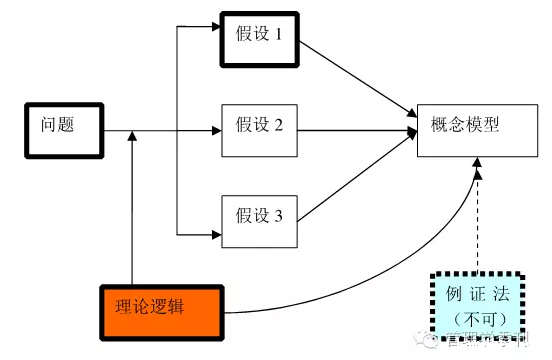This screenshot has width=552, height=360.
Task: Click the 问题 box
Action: [x=63, y=128]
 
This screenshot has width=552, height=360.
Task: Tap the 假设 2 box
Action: [x=259, y=128]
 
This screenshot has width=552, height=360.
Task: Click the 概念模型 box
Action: [x=469, y=128]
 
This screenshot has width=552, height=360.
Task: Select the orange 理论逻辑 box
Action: [x=161, y=307]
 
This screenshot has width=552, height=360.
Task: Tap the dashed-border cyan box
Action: [x=476, y=304]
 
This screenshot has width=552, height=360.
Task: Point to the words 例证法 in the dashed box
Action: [x=476, y=294]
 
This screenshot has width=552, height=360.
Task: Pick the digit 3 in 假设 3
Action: [x=279, y=214]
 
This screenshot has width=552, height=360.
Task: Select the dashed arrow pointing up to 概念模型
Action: [x=480, y=220]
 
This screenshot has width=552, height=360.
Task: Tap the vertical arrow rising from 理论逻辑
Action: [x=132, y=210]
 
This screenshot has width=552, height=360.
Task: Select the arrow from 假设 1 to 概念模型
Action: [x=355, y=75]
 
